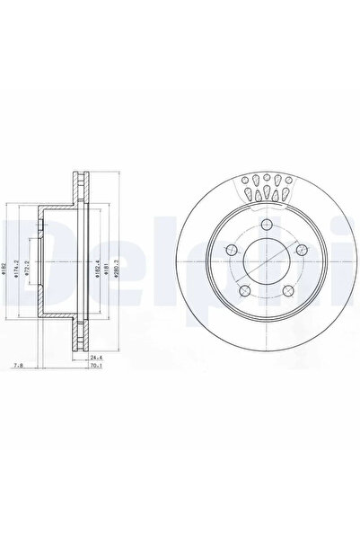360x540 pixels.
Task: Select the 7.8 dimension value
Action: (19, 367)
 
